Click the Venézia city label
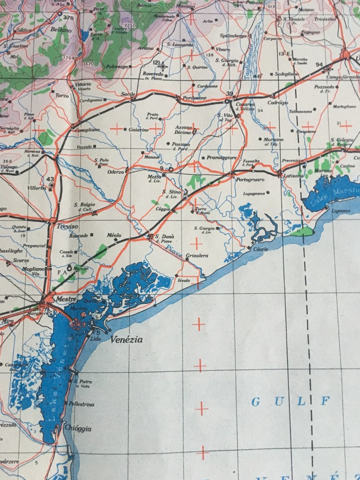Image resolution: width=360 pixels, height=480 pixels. click(127, 339)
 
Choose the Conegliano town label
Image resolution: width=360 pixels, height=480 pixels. click(87, 129)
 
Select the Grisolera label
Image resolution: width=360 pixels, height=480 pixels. click(197, 256)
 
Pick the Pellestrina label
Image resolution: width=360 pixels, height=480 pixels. click(80, 404)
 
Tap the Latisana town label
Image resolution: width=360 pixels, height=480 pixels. click(292, 176)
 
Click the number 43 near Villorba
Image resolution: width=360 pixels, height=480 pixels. click(50, 179)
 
